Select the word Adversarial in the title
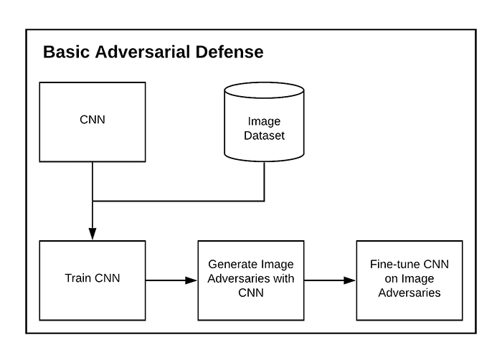[x=143, y=52]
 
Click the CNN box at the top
[x=93, y=121]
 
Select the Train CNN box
[x=93, y=279]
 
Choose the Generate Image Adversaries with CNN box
[x=251, y=279]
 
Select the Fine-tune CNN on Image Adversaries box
[x=409, y=279]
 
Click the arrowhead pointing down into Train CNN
[x=93, y=232]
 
